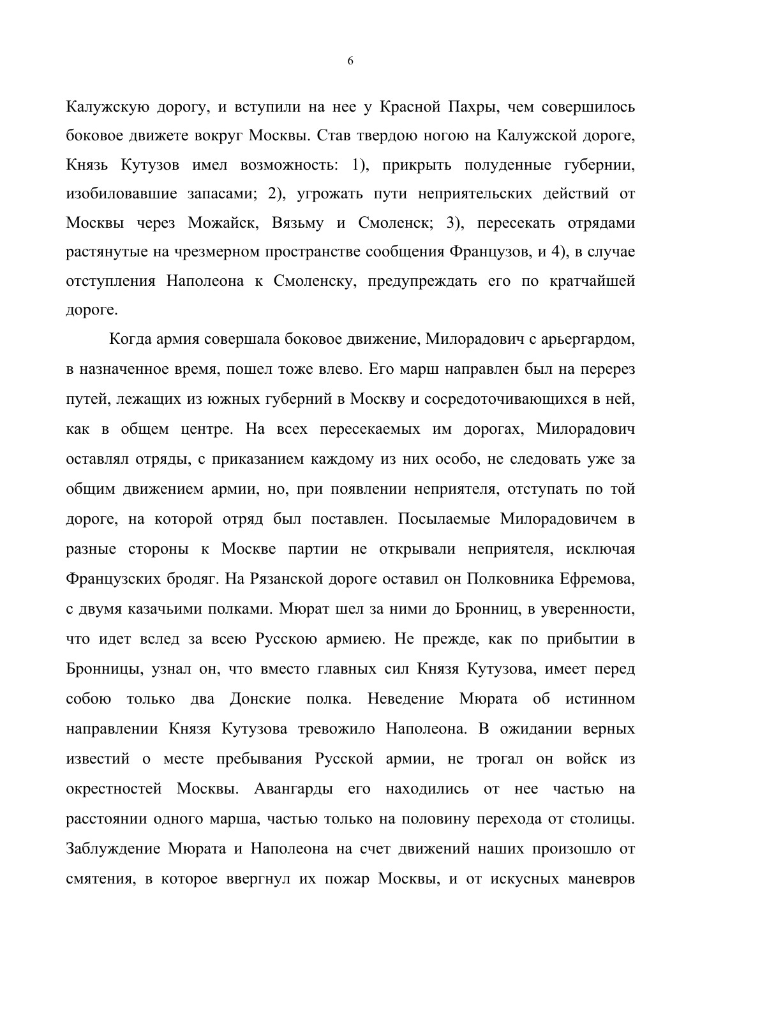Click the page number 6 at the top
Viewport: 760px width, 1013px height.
tap(350, 61)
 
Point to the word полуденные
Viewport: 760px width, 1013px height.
tap(502, 165)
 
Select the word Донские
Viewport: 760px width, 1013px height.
tap(260, 699)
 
